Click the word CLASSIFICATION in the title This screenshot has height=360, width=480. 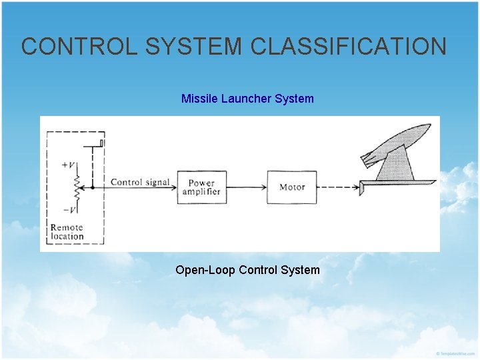point(348,47)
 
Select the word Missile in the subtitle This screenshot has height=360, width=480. point(198,99)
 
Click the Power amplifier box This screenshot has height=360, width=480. point(201,187)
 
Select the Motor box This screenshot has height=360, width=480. point(292,187)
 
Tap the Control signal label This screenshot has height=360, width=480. point(139,182)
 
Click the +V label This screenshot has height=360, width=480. point(67,164)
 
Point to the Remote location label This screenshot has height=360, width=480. point(67,232)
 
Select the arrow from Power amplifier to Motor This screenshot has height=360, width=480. point(247,187)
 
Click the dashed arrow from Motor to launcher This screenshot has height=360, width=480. point(337,187)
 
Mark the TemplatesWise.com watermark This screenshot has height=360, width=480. point(456,353)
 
